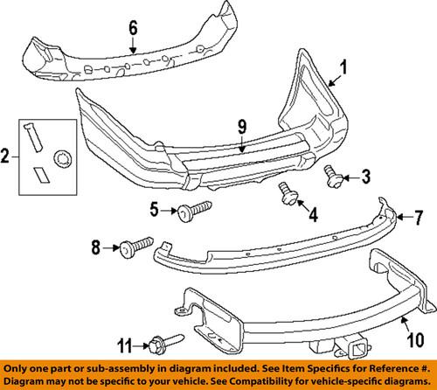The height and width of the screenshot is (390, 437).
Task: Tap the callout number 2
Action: pyautogui.click(x=6, y=157)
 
